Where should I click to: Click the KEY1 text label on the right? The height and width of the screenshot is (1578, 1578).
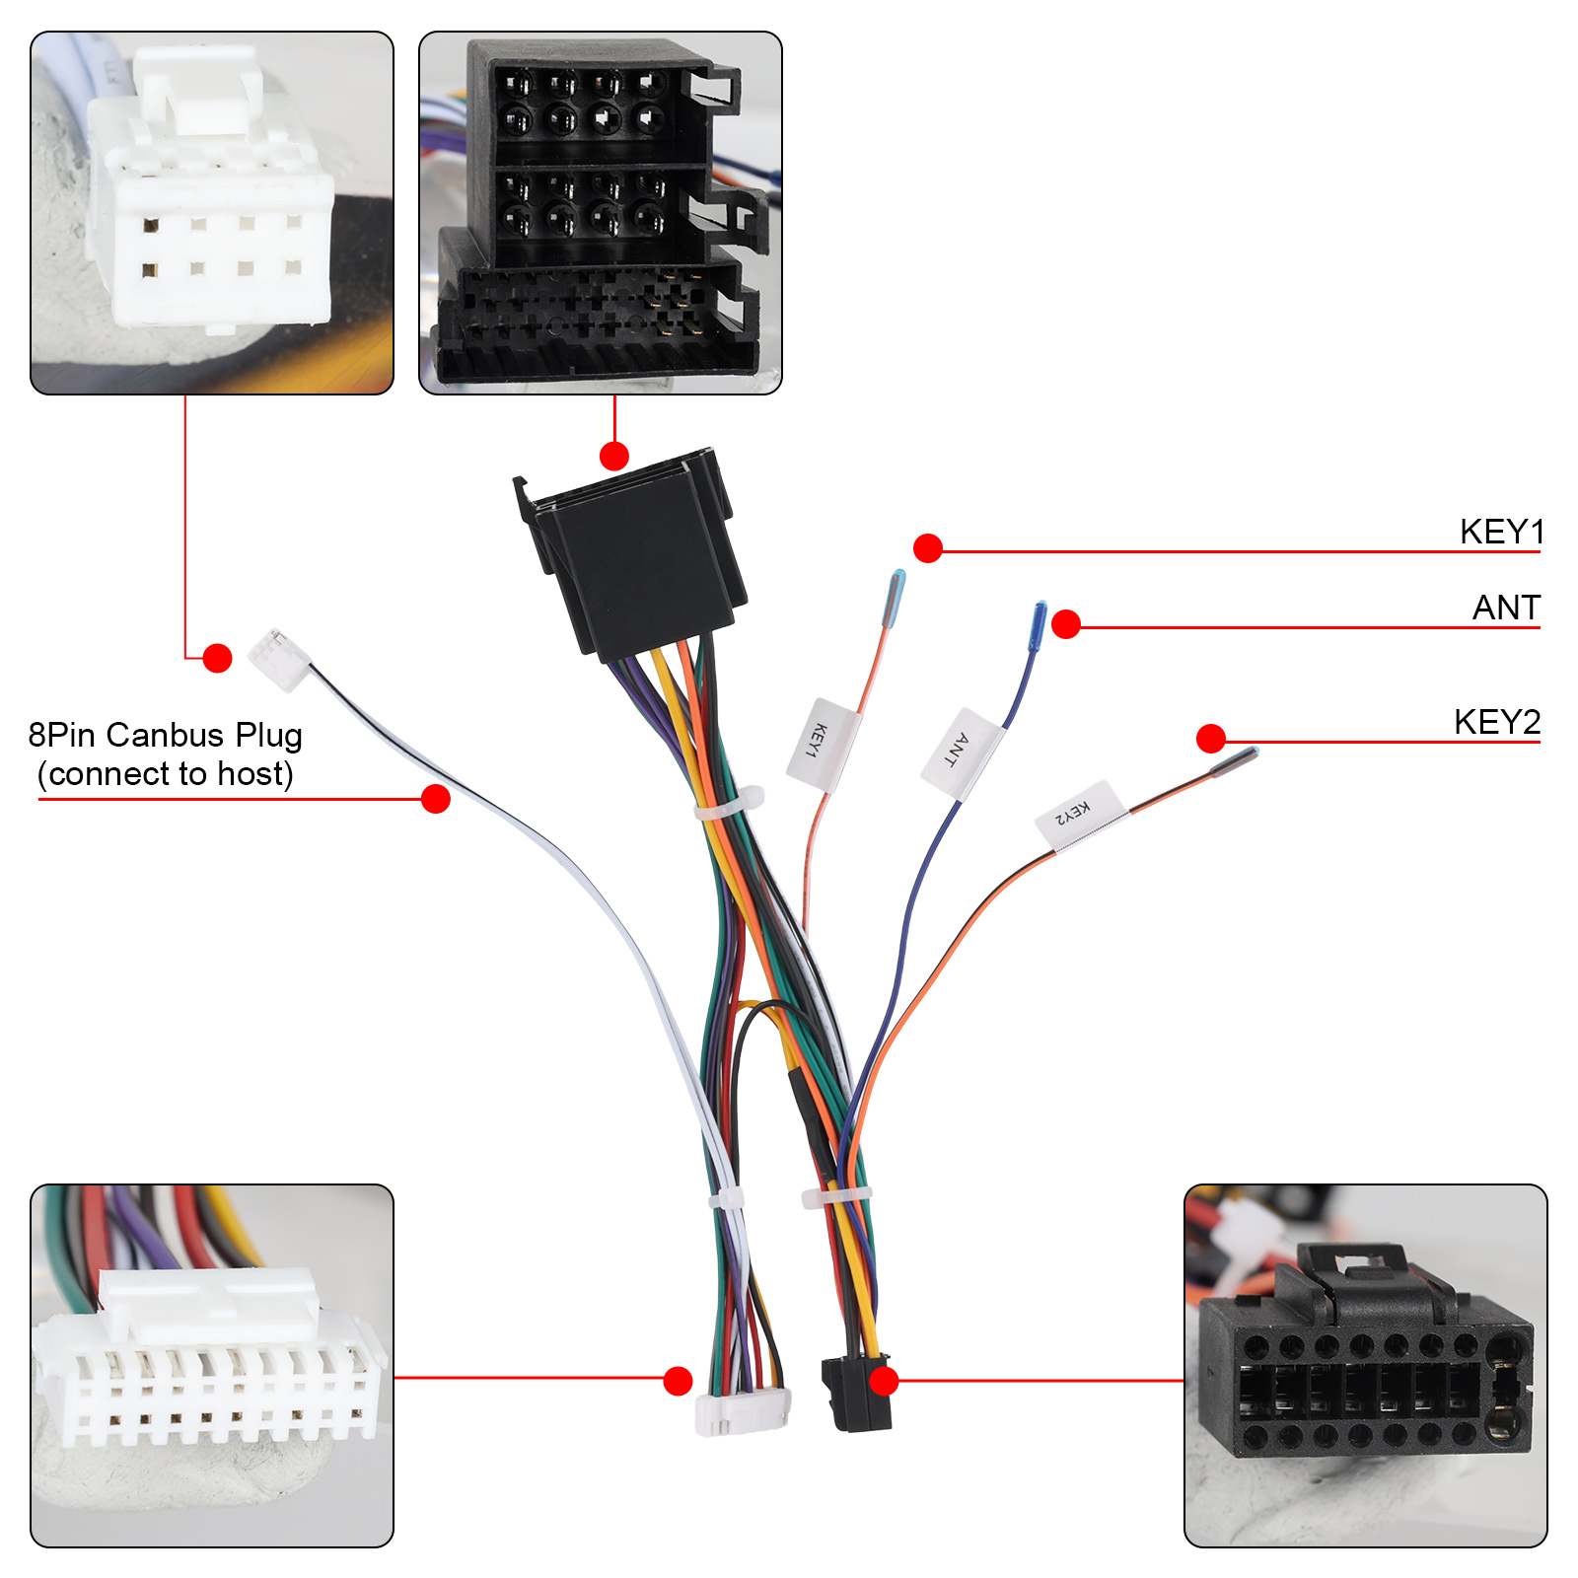click(x=1501, y=532)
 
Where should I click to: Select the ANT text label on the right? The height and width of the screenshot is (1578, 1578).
click(x=1506, y=608)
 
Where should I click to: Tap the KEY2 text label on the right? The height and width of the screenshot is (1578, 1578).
click(x=1496, y=722)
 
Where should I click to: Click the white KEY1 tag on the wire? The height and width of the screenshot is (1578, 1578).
click(x=824, y=745)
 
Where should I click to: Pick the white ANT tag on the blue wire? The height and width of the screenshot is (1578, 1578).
click(x=962, y=752)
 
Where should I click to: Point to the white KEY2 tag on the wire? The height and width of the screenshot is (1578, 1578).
click(x=1080, y=816)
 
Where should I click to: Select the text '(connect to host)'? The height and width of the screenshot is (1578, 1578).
click(x=166, y=774)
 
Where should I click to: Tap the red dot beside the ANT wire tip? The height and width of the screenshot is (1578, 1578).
click(x=1066, y=624)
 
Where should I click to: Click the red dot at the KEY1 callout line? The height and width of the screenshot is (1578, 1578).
click(x=928, y=548)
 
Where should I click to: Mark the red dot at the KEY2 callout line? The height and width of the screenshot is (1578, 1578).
click(x=1211, y=738)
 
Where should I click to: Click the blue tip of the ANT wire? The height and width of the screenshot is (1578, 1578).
click(x=1039, y=625)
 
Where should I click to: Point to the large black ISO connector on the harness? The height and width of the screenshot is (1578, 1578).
click(x=631, y=552)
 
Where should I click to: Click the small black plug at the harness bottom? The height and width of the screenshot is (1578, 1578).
click(x=856, y=1393)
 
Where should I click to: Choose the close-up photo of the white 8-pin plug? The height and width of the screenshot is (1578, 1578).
click(x=212, y=213)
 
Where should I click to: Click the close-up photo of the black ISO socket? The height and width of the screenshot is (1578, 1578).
click(x=601, y=213)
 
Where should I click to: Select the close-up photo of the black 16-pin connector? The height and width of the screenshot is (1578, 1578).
click(x=1366, y=1366)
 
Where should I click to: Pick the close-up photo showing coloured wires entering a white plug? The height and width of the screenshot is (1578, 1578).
click(x=212, y=1366)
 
